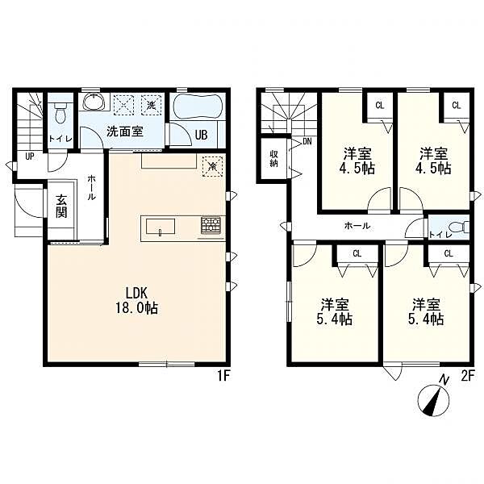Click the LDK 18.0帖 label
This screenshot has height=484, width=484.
[137, 300]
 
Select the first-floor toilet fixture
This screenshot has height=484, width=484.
[60, 112]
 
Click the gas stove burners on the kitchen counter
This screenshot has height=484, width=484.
[211, 225]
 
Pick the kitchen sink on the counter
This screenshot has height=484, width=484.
[161, 227]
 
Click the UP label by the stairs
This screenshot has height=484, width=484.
[30, 156]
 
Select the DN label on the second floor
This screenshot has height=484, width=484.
[307, 142]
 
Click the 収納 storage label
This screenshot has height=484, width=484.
[273, 158]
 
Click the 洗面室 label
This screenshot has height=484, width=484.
[125, 131]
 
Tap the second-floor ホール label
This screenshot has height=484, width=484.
[357, 226]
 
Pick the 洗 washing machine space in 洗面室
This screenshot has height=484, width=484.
[151, 105]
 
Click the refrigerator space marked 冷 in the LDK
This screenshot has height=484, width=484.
[213, 167]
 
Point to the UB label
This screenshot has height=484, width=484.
[201, 135]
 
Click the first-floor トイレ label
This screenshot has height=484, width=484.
[60, 139]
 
